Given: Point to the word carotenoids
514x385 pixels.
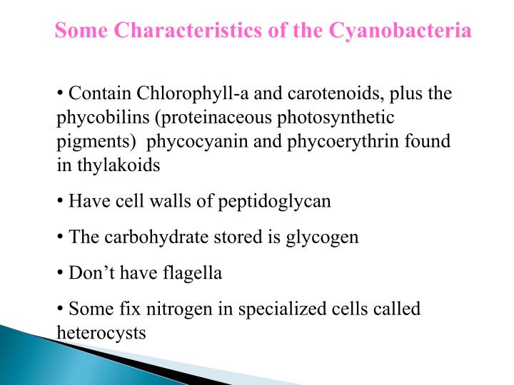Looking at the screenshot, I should click(325, 94).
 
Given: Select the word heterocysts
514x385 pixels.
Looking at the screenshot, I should click(101, 332).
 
